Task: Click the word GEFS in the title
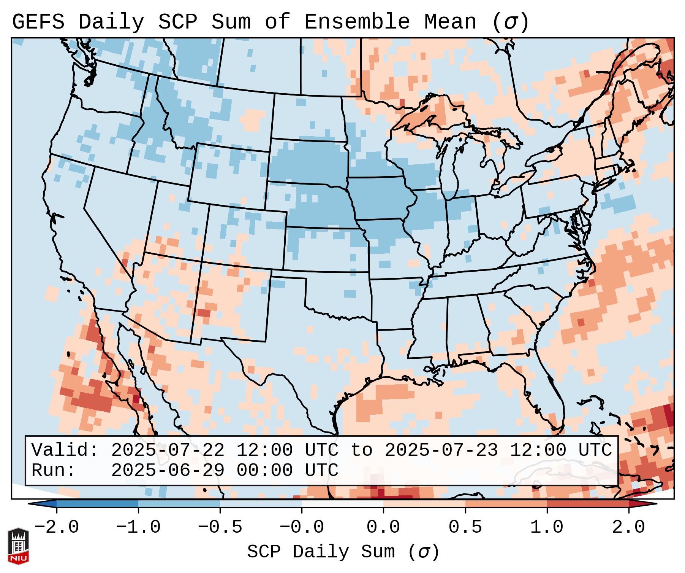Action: pos(38,22)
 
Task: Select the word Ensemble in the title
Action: pos(357,22)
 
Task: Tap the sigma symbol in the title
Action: pos(510,22)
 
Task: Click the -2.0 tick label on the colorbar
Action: pos(57,527)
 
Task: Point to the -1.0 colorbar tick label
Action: pos(138,527)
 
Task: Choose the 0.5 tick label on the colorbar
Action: pos(465,527)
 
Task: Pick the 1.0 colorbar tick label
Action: pos(547,527)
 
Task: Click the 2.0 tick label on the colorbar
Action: pos(628,527)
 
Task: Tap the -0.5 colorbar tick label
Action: pos(220,527)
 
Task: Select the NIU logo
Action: pos(18,546)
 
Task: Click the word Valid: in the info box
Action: pos(65,450)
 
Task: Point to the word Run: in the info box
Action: pos(54,471)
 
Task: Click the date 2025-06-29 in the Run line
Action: pos(168,471)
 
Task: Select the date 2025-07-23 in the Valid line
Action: pos(441,450)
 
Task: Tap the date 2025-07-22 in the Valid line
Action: pos(168,450)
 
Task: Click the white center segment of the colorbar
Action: pos(342,504)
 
